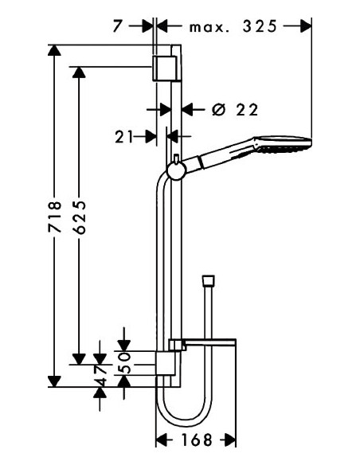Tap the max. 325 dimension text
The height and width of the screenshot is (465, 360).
tap(233, 27)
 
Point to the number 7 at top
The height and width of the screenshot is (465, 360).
tap(117, 27)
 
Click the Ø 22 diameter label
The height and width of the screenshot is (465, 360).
tap(235, 110)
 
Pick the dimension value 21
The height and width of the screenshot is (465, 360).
tap(123, 137)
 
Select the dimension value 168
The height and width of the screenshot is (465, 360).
tap(197, 440)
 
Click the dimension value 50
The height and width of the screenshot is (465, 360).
tap(124, 363)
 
